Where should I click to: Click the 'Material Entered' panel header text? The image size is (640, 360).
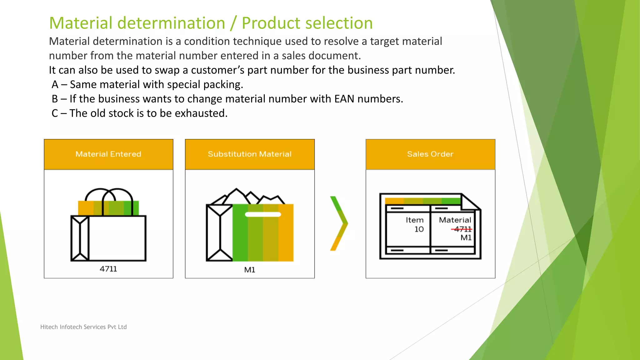pos(108,154)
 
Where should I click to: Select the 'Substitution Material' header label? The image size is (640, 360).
pos(249,154)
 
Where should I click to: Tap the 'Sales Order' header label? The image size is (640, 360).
pos(430,154)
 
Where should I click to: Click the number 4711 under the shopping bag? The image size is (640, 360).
pos(108,269)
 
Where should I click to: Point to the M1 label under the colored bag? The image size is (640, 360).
pos(249,270)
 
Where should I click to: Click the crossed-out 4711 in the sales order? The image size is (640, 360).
pos(462,229)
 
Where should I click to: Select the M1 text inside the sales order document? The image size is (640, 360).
pos(466,238)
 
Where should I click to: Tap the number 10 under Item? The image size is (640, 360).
pos(419,229)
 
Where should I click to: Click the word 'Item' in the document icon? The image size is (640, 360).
pos(414,220)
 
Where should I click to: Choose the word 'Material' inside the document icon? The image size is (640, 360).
pos(455,220)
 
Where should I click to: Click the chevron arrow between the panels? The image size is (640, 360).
pos(339,223)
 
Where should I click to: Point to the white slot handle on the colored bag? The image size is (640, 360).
pos(263,214)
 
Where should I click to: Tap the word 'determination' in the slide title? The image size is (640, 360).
pos(171,23)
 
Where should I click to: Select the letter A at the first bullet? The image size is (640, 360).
pos(55,85)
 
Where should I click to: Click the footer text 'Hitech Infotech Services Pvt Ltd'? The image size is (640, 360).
pos(83,327)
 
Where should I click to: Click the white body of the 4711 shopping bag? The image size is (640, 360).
pos(117,238)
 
